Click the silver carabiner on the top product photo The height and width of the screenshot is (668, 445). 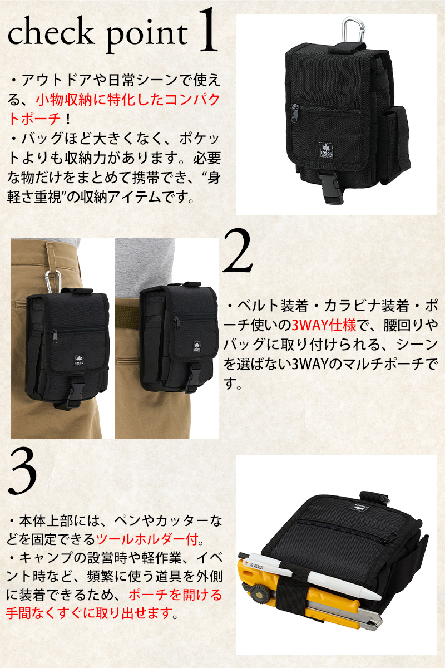pos(353,30)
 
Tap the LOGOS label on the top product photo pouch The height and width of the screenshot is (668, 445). pos(326,150)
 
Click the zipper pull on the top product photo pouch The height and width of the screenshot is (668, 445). pos(294,114)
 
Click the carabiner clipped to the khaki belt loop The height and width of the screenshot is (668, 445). pos(53,282)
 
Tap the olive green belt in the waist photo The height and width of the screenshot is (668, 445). pos(127,317)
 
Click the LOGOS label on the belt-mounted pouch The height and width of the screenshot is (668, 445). pos(196,346)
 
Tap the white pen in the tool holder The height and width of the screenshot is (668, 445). pos(310,575)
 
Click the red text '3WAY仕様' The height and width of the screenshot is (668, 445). pos(323,325)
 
